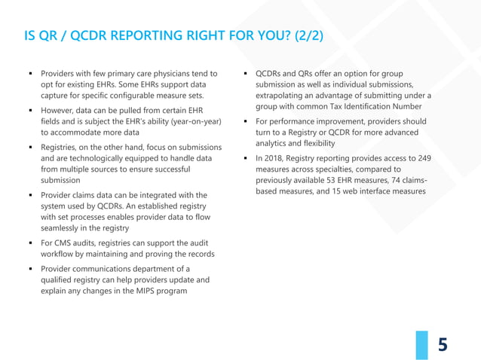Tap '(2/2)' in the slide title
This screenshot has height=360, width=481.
pyautogui.click(x=303, y=35)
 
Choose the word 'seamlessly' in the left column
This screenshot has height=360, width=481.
pyautogui.click(x=63, y=227)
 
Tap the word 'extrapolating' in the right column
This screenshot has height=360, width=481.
pyautogui.click(x=282, y=95)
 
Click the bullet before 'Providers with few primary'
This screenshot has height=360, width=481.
pyautogui.click(x=29, y=74)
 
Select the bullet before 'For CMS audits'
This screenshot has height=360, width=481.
pyautogui.click(x=29, y=243)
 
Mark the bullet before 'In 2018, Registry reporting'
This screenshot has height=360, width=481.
pyautogui.click(x=245, y=159)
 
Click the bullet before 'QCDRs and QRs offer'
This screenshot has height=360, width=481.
pyautogui.click(x=245, y=74)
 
